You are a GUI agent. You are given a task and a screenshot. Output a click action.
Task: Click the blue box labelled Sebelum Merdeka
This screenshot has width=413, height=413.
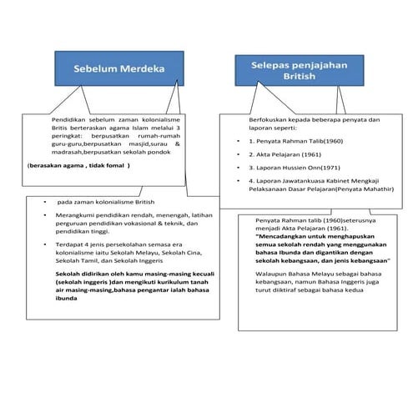point(116,69)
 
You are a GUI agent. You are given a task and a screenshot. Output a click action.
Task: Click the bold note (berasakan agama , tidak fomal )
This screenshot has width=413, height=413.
point(79,165)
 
